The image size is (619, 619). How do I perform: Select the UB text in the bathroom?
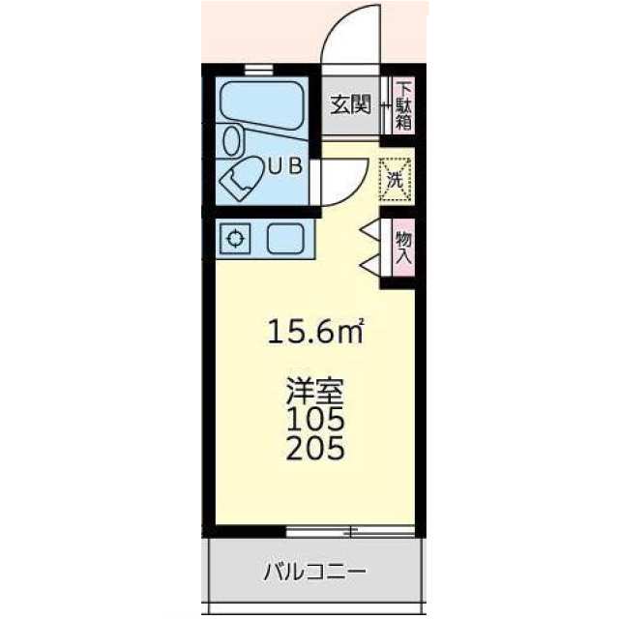point(284,165)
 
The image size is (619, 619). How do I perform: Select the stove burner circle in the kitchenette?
point(235,238)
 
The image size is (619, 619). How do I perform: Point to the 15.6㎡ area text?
point(315,334)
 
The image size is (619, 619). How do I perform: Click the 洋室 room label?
point(315,394)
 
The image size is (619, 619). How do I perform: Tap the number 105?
point(315,421)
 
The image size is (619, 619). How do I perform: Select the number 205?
point(315,449)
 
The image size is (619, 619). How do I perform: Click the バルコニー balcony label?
point(315,572)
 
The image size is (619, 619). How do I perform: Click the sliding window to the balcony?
point(349,530)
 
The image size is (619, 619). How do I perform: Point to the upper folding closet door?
point(369,230)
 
